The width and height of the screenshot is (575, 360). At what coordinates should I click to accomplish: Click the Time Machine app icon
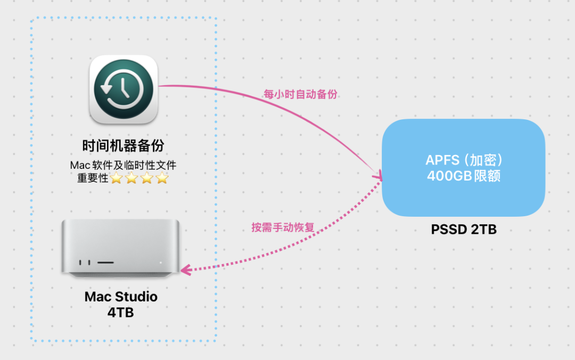click(x=123, y=89)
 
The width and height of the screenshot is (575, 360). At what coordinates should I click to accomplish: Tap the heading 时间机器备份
click(x=123, y=145)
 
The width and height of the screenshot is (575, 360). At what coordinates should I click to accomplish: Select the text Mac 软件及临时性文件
click(x=123, y=166)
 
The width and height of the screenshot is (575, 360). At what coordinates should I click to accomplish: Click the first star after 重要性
click(x=116, y=178)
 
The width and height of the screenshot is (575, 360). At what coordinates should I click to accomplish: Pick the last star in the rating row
click(x=162, y=178)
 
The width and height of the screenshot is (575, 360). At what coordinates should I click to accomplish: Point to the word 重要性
click(x=93, y=178)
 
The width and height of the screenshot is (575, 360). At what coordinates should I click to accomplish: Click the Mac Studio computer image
click(x=120, y=248)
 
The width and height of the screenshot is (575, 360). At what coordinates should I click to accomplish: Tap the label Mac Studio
click(x=121, y=296)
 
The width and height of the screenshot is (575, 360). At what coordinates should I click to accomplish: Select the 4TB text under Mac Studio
click(x=121, y=313)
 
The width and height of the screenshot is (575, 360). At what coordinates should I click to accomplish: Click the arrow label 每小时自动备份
click(x=301, y=94)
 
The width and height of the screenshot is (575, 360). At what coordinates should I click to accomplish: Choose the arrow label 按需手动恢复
click(x=283, y=227)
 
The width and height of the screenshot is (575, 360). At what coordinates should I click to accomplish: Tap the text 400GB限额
click(x=464, y=176)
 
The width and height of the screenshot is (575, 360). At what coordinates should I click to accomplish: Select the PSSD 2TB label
click(x=464, y=230)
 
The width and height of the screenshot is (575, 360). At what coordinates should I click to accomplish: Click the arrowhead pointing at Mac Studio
click(x=185, y=270)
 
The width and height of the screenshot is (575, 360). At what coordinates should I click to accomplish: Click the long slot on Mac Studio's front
click(x=105, y=263)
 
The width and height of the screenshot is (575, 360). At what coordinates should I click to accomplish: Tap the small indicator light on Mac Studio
click(x=160, y=263)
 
